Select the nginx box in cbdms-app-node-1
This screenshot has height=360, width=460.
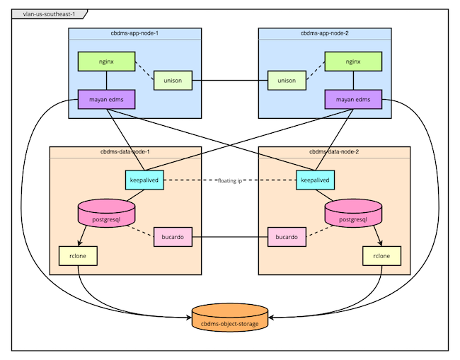106,62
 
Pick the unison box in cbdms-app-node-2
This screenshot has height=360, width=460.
286,81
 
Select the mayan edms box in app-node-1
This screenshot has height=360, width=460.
106,100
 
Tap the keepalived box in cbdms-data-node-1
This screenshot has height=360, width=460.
144,180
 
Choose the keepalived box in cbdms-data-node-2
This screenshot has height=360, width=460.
315,180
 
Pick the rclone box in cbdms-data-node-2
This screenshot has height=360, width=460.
381,256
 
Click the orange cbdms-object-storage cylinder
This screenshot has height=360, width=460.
230,320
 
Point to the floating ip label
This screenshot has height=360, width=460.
230,181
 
